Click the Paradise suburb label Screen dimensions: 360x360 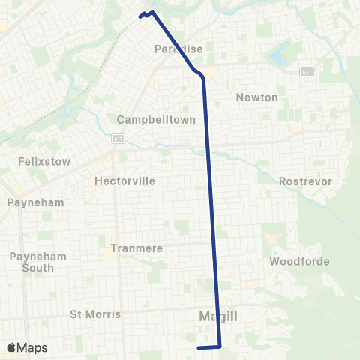(x=178, y=49)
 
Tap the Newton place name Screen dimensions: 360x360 (x=256, y=97)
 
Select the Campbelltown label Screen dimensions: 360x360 (x=156, y=119)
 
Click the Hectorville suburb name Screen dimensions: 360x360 (x=124, y=181)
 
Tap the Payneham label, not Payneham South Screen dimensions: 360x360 (x=35, y=202)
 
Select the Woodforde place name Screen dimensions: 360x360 (x=295, y=262)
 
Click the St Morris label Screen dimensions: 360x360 (x=95, y=313)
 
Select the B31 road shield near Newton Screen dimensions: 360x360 (x=307, y=71)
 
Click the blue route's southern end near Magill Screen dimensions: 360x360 (x=198, y=348)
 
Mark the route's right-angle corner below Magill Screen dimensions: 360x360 (x=220, y=347)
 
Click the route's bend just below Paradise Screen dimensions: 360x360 (x=200, y=74)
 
